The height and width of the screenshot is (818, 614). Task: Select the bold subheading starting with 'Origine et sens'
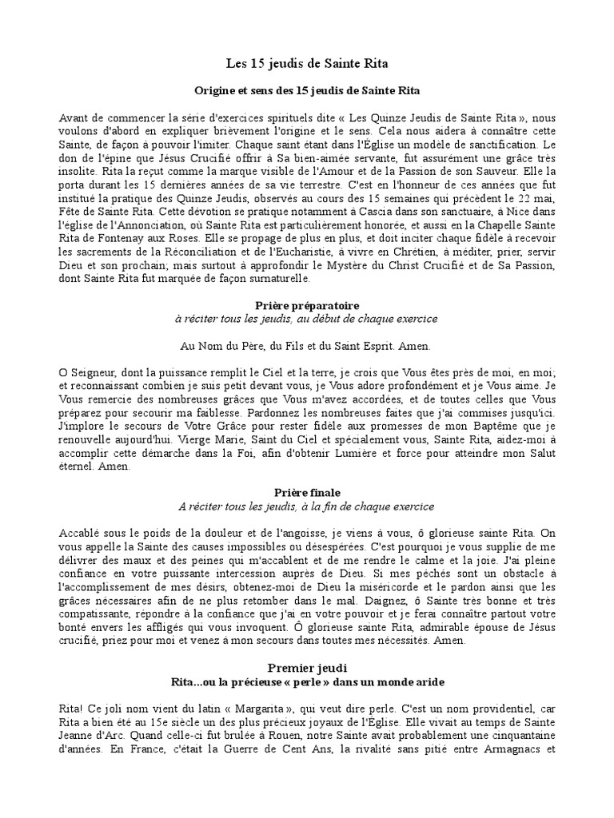(306, 90)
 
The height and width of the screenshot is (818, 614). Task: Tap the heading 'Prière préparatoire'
(306, 306)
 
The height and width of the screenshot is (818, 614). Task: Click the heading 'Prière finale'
(306, 493)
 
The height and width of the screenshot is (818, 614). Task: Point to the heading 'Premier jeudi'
(306, 667)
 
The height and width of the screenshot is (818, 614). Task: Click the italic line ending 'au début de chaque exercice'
(306, 319)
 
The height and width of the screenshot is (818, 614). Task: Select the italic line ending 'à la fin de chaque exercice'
(306, 506)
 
